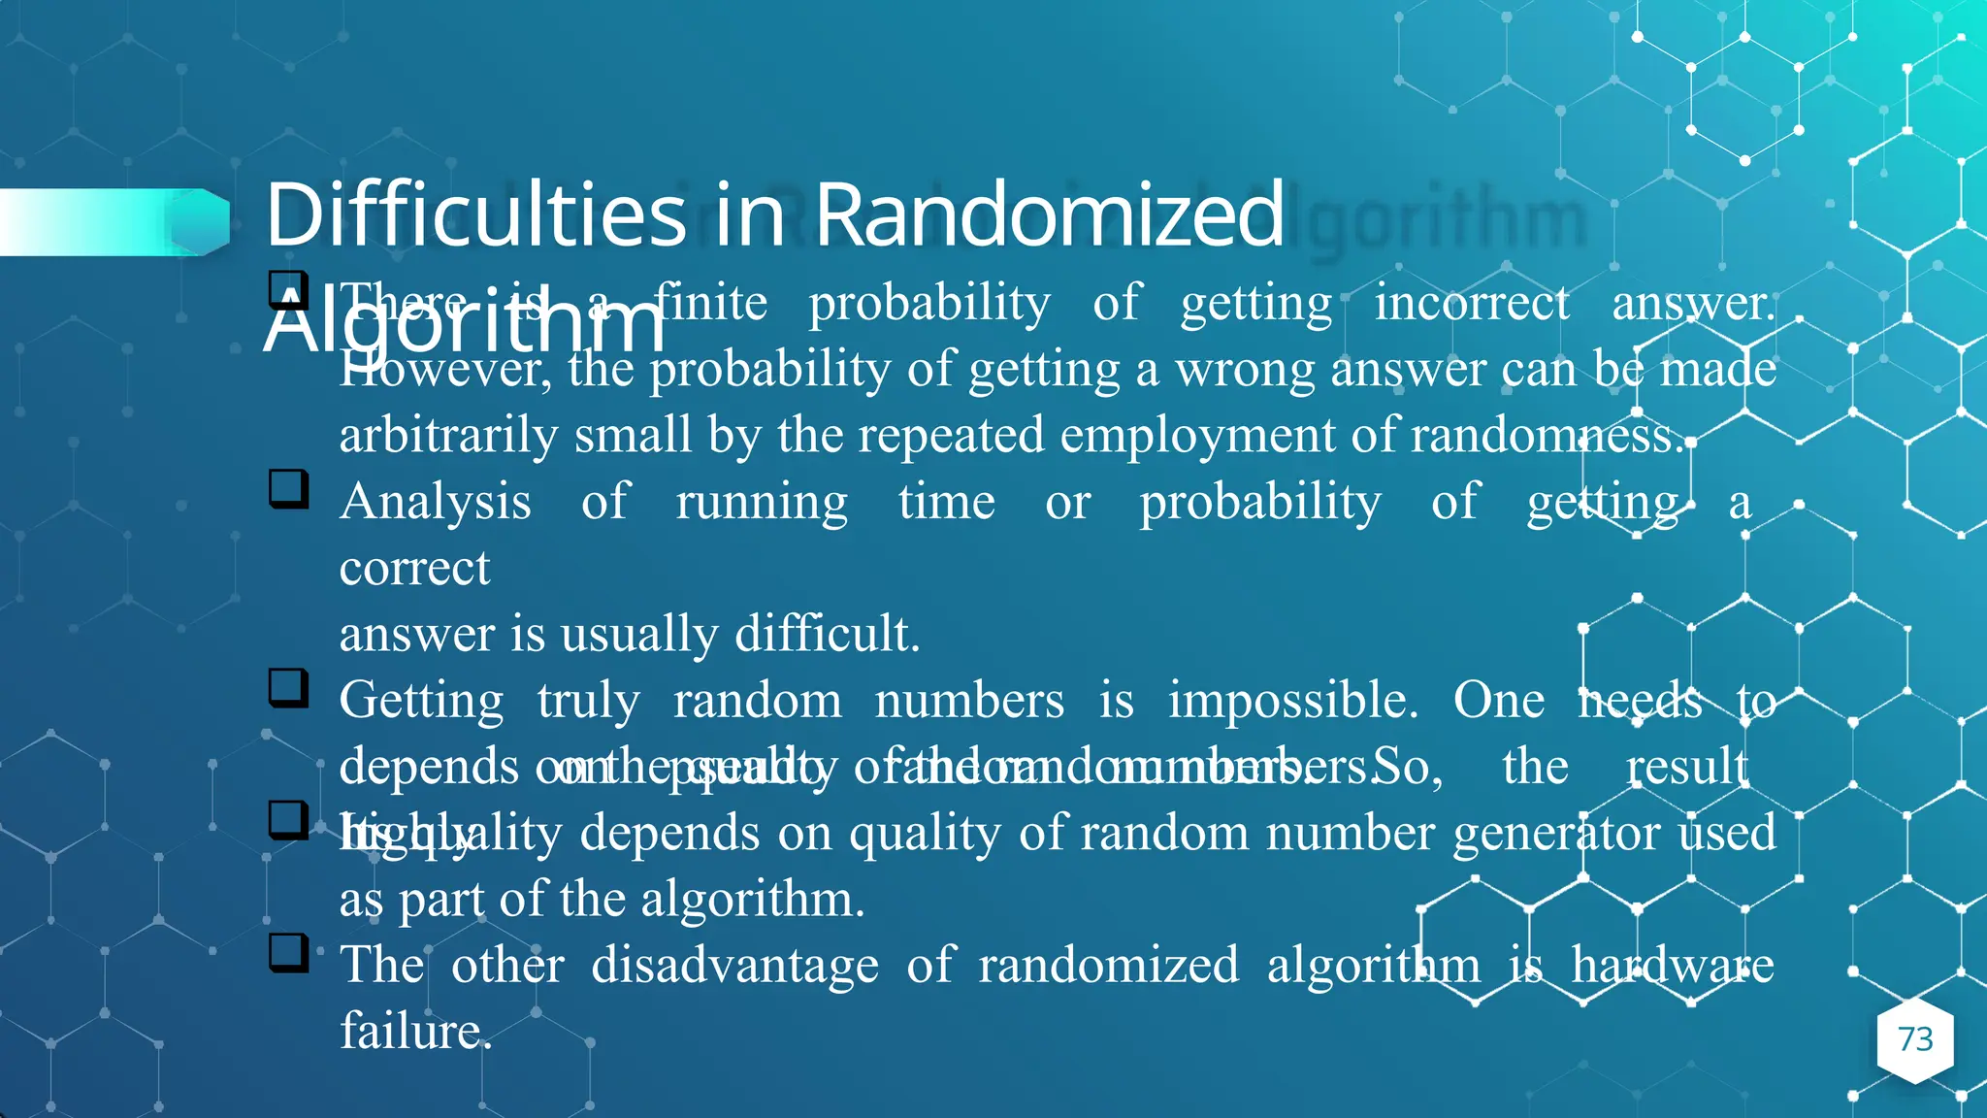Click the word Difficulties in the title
(x=475, y=214)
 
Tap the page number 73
(x=1915, y=1039)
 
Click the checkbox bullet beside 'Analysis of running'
(x=288, y=489)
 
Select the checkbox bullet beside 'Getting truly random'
(x=288, y=688)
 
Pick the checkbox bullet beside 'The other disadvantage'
(x=288, y=953)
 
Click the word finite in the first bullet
(x=710, y=303)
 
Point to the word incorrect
(x=1471, y=303)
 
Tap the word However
(x=444, y=370)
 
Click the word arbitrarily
(x=447, y=436)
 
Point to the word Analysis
(x=435, y=503)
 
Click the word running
(x=762, y=503)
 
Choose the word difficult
(x=826, y=635)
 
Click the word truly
(x=588, y=701)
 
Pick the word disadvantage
(x=734, y=966)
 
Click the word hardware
(x=1673, y=966)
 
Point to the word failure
(x=415, y=1032)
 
